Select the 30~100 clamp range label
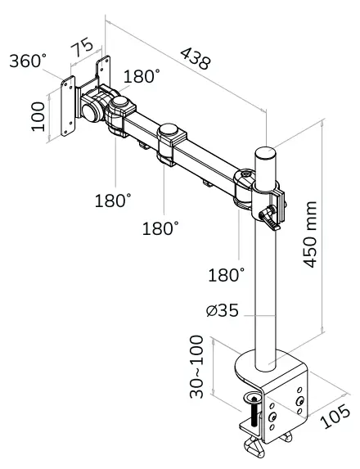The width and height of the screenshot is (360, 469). pyautogui.click(x=196, y=366)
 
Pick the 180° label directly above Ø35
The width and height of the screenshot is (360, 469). pyautogui.click(x=227, y=275)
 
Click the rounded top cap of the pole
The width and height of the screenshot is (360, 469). pyautogui.click(x=266, y=153)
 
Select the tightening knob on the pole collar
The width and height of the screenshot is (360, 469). pyautogui.click(x=267, y=217)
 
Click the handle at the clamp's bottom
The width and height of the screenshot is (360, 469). pyautogui.click(x=255, y=449)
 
